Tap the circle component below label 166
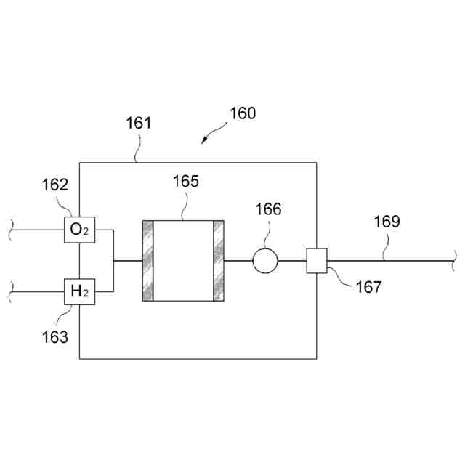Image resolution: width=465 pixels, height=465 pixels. tap(265, 260)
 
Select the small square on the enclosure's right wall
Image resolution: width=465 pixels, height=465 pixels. tap(317, 260)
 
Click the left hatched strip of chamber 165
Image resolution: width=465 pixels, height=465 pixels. tap(148, 260)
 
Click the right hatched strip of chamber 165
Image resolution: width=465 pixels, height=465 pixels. tap(219, 260)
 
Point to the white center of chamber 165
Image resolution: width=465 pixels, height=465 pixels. tap(183, 260)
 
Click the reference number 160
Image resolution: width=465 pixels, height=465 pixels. tap(243, 113)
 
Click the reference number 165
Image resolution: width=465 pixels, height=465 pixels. tap(185, 182)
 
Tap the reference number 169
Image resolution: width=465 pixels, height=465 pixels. tap(387, 221)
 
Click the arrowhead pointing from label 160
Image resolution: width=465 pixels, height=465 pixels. tap(205, 140)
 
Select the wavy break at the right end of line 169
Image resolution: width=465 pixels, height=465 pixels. tap(454, 256)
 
